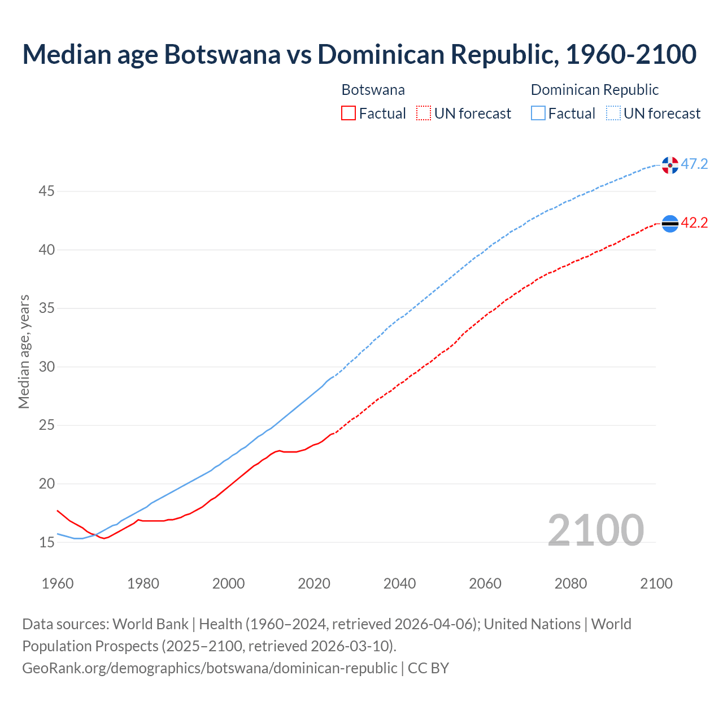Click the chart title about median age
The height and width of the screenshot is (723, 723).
pyautogui.click(x=359, y=54)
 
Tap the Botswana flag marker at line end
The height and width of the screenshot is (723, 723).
pyautogui.click(x=670, y=224)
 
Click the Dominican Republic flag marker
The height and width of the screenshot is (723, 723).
pyautogui.click(x=670, y=165)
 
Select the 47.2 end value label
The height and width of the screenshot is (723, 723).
pyautogui.click(x=694, y=164)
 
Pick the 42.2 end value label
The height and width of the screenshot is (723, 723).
pyautogui.click(x=694, y=223)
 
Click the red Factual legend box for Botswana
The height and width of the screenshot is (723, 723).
pyautogui.click(x=349, y=114)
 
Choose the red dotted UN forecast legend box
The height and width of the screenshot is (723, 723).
pyautogui.click(x=424, y=114)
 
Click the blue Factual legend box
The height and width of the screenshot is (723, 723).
pyautogui.click(x=538, y=114)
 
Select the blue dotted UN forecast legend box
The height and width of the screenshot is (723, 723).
pyautogui.click(x=613, y=114)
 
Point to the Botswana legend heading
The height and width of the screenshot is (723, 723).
pyautogui.click(x=373, y=90)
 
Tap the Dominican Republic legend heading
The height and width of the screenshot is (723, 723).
pyautogui.click(x=595, y=90)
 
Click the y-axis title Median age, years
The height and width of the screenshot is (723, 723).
pyautogui.click(x=24, y=351)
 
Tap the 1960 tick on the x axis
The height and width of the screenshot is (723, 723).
pyautogui.click(x=58, y=583)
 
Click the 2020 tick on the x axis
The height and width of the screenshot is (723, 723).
pyautogui.click(x=314, y=583)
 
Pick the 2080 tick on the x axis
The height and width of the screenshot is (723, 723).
pyautogui.click(x=570, y=583)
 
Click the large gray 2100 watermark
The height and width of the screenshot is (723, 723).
pyautogui.click(x=595, y=530)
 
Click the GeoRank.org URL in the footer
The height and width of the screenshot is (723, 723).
pyautogui.click(x=210, y=668)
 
